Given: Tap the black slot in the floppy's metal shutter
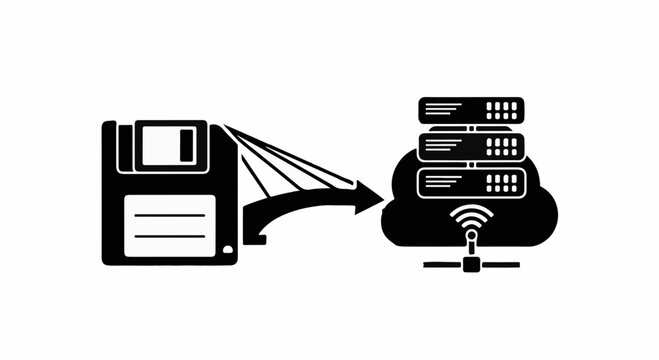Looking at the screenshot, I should point(185,145).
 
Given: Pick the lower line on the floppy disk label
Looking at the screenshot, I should point(168,236).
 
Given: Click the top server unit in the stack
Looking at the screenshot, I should point(471,109).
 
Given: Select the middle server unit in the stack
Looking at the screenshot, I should point(471,146).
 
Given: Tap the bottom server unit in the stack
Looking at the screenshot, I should point(471,182).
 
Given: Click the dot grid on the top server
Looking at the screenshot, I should point(503,109).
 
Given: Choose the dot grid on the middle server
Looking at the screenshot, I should point(503,146).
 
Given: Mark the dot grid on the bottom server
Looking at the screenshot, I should point(503,182).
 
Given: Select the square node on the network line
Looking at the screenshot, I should point(471,265).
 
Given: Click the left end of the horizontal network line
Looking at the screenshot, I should point(427,265).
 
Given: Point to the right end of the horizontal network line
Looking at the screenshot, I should point(516,265).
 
